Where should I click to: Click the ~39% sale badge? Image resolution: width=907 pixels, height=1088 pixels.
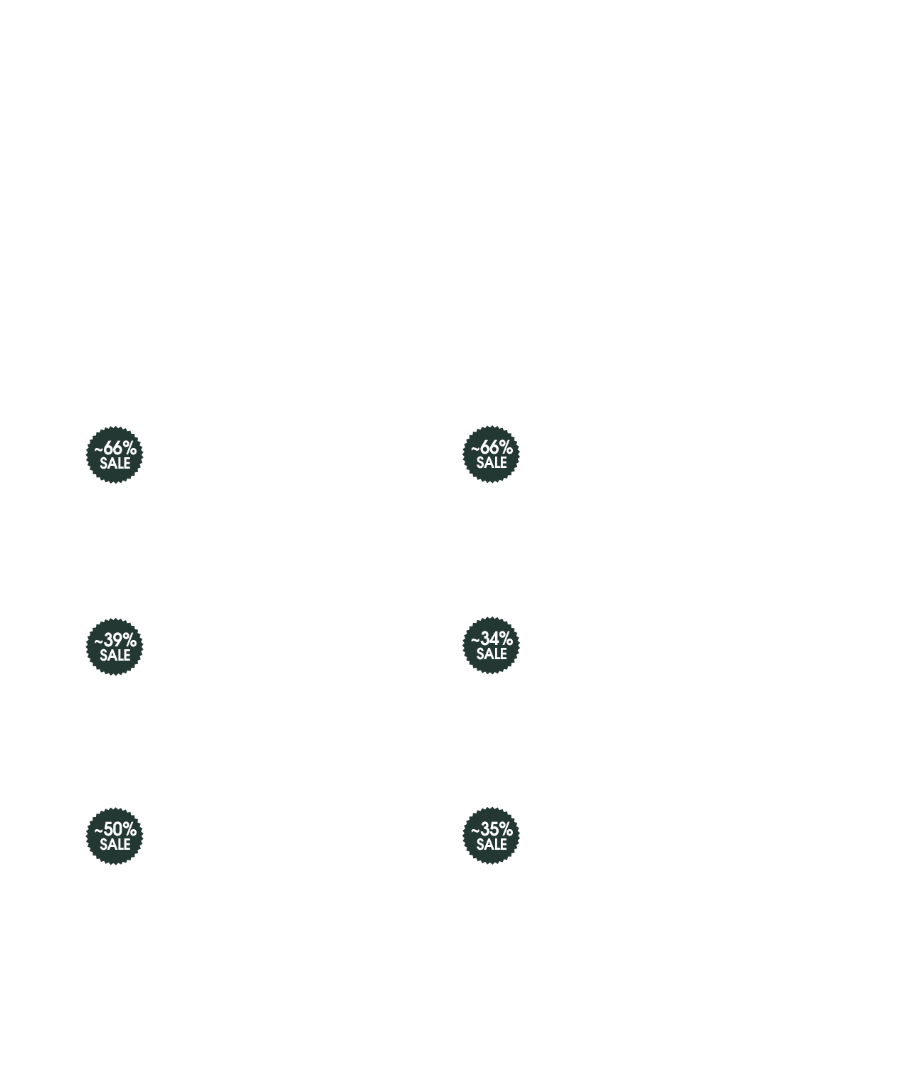[x=114, y=646]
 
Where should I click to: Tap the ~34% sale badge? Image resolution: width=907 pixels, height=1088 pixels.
[x=491, y=645]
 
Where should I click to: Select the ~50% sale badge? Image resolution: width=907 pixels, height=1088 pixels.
[x=114, y=836]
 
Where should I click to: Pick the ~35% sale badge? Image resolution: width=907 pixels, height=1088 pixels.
[x=491, y=836]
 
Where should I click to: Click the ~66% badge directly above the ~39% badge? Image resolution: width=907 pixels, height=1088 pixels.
[x=114, y=455]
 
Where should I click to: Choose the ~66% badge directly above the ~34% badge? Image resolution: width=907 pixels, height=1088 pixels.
[x=491, y=454]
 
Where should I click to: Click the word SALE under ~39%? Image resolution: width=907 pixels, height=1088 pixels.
[x=115, y=655]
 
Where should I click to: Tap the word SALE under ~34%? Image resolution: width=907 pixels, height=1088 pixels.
[x=492, y=654]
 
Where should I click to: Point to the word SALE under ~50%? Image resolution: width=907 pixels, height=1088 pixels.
[x=115, y=844]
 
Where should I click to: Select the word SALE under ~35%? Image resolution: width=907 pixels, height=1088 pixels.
[x=492, y=843]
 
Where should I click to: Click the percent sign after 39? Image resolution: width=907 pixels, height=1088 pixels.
[x=129, y=639]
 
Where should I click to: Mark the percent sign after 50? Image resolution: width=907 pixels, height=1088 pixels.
[x=129, y=828]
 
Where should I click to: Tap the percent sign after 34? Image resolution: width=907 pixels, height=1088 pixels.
[x=506, y=638]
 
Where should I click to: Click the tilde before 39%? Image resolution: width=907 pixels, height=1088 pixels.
[x=98, y=641]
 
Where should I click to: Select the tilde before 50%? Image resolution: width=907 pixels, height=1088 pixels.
[x=98, y=831]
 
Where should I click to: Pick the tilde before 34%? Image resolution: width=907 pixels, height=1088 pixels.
[x=475, y=640]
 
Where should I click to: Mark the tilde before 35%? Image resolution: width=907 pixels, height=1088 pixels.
[x=475, y=830]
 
